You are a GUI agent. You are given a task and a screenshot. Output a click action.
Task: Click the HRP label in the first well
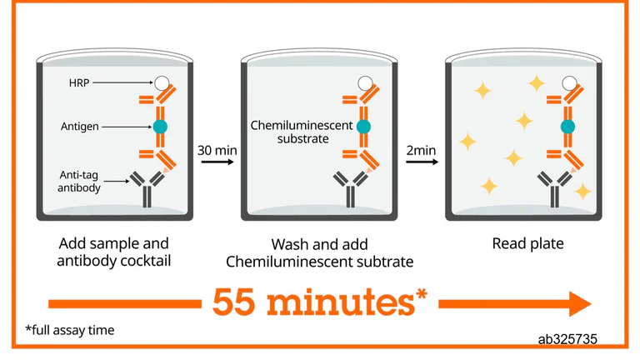[79, 82]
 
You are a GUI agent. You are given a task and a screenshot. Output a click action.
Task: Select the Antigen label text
[80, 127]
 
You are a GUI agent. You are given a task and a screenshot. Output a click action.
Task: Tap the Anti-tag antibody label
[79, 181]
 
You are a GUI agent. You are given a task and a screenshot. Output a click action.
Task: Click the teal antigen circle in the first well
[160, 127]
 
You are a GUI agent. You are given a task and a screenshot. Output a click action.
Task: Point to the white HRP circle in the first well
[162, 82]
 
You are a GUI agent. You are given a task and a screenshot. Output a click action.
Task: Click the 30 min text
[217, 150]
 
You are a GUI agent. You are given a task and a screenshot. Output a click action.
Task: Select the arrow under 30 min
[217, 162]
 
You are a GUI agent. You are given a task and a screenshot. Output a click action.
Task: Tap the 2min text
[421, 150]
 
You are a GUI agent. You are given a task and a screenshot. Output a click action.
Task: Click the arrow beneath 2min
[422, 162]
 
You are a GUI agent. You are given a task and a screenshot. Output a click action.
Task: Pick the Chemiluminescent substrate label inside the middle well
[302, 132]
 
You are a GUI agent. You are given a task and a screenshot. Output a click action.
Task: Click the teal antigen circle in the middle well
[363, 127]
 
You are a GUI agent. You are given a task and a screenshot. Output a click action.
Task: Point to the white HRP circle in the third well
[569, 83]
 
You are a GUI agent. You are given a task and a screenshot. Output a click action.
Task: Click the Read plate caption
[527, 243]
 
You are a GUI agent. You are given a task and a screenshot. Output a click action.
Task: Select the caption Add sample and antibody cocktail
[114, 252]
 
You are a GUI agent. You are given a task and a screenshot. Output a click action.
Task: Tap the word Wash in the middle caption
[292, 244]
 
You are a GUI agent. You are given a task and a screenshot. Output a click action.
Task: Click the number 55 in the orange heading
[233, 302]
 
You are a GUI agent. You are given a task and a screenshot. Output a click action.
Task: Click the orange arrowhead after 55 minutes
[580, 303]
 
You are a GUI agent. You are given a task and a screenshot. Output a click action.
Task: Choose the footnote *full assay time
[70, 330]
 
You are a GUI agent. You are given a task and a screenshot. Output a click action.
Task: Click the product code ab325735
[567, 339]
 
